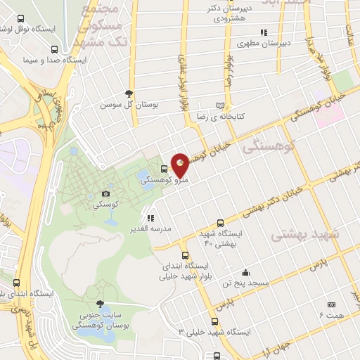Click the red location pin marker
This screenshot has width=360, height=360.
181,165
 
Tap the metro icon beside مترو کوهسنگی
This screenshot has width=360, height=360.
164,169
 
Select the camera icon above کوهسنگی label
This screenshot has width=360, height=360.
105,193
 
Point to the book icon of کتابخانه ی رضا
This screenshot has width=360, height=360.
221,105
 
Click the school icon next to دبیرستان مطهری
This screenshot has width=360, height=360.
264,32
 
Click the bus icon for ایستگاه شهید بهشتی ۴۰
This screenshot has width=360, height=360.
220,221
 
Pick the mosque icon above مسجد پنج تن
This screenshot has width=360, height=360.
245,272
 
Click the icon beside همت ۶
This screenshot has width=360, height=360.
331,304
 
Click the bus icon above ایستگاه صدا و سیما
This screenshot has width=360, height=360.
54,49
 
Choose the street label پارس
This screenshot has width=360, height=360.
320,266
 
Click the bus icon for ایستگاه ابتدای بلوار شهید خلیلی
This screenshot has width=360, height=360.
185,255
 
